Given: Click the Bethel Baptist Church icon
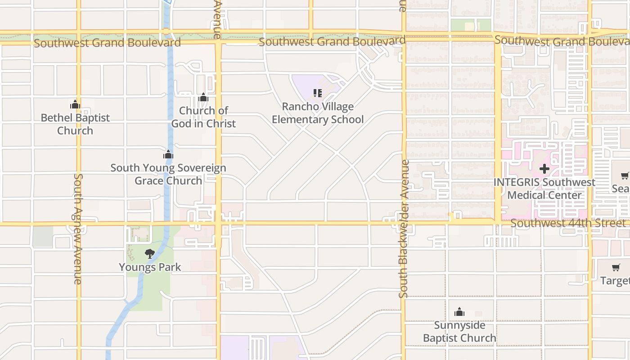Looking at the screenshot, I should click(75, 105).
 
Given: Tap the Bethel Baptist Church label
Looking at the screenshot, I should click(75, 124).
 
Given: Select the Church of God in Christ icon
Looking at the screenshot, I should click(203, 97).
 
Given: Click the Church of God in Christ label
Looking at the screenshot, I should click(203, 117).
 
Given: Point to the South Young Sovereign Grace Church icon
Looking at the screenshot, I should click(168, 155).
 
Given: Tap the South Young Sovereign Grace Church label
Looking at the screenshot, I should click(168, 174).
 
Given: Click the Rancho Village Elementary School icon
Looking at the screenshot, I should click(318, 93).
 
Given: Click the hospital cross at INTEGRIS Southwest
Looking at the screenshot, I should click(544, 169).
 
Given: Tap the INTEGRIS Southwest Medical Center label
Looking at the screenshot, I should click(544, 189).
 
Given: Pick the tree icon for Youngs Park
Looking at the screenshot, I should click(150, 254).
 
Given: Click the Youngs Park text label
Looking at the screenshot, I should click(150, 267).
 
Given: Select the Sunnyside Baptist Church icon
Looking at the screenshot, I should click(459, 312).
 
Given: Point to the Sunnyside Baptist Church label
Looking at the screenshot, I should click(459, 331).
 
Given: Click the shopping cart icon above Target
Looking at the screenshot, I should click(616, 267).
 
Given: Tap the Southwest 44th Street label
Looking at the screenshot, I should click(568, 223).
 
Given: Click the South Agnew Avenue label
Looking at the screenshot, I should click(78, 229).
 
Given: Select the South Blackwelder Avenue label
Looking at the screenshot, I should click(403, 229).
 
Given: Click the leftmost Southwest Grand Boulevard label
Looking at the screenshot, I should click(107, 43).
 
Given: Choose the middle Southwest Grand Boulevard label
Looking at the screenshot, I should click(332, 41).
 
